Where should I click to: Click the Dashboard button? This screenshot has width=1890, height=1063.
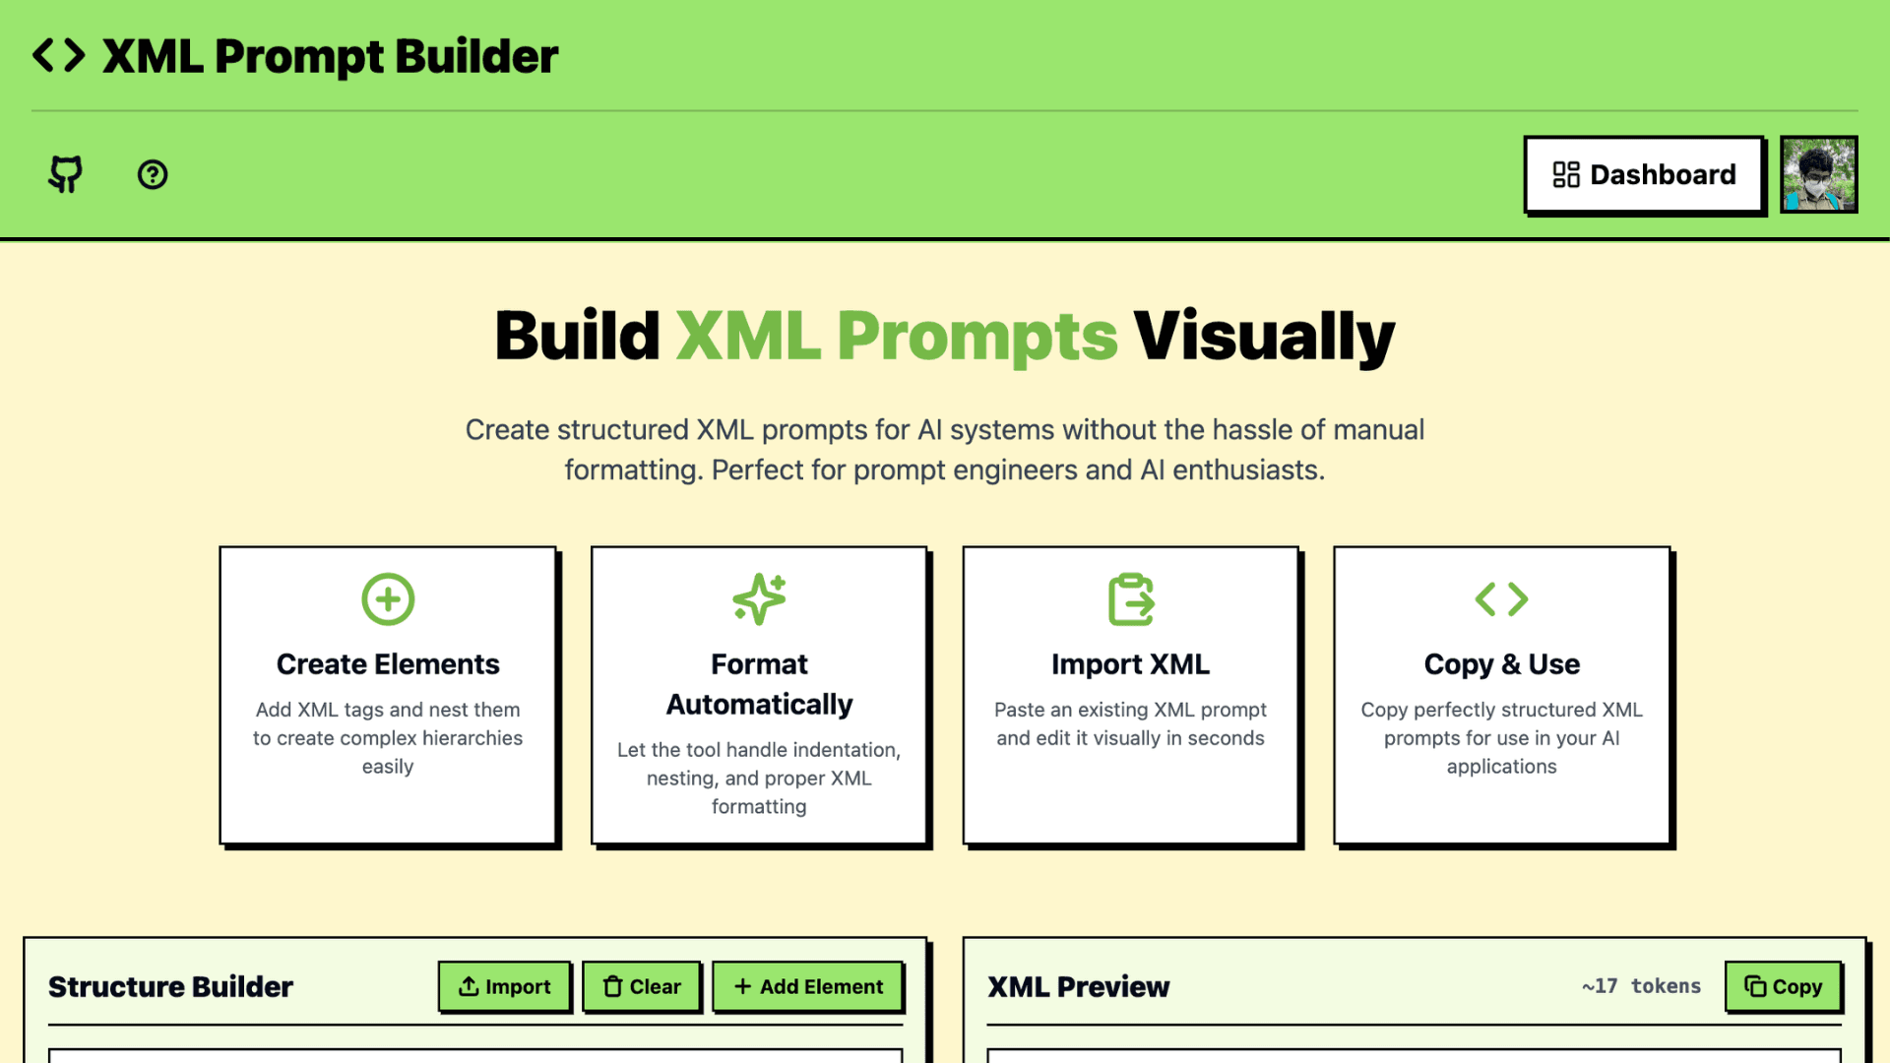pyautogui.click(x=1643, y=175)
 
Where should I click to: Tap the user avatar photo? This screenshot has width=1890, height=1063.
pyautogui.click(x=1818, y=175)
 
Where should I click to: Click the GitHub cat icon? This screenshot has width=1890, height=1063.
pyautogui.click(x=66, y=174)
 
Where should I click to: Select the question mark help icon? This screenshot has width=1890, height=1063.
pyautogui.click(x=153, y=175)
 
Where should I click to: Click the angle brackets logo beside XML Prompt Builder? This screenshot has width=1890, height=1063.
pyautogui.click(x=59, y=56)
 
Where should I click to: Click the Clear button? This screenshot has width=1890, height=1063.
pyautogui.click(x=642, y=986)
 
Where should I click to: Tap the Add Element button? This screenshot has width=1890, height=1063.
pyautogui.click(x=808, y=986)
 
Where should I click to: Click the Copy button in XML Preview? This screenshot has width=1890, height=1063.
pyautogui.click(x=1783, y=986)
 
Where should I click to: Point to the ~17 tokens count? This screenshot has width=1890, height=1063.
pyautogui.click(x=1641, y=986)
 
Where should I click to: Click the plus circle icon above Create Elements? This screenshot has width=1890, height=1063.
pyautogui.click(x=388, y=599)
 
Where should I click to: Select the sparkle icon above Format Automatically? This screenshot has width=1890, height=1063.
pyautogui.click(x=759, y=599)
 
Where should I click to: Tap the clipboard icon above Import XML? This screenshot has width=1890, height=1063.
pyautogui.click(x=1130, y=599)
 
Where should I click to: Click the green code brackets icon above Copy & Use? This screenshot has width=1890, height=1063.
pyautogui.click(x=1501, y=599)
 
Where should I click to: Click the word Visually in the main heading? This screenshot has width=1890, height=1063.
pyautogui.click(x=1264, y=337)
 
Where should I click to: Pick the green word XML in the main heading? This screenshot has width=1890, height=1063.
pyautogui.click(x=748, y=337)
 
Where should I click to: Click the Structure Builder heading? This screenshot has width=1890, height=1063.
pyautogui.click(x=170, y=986)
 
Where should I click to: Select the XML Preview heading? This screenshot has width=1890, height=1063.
pyautogui.click(x=1078, y=986)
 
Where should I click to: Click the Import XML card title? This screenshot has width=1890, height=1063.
pyautogui.click(x=1130, y=664)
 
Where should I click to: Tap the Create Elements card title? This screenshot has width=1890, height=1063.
pyautogui.click(x=388, y=664)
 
